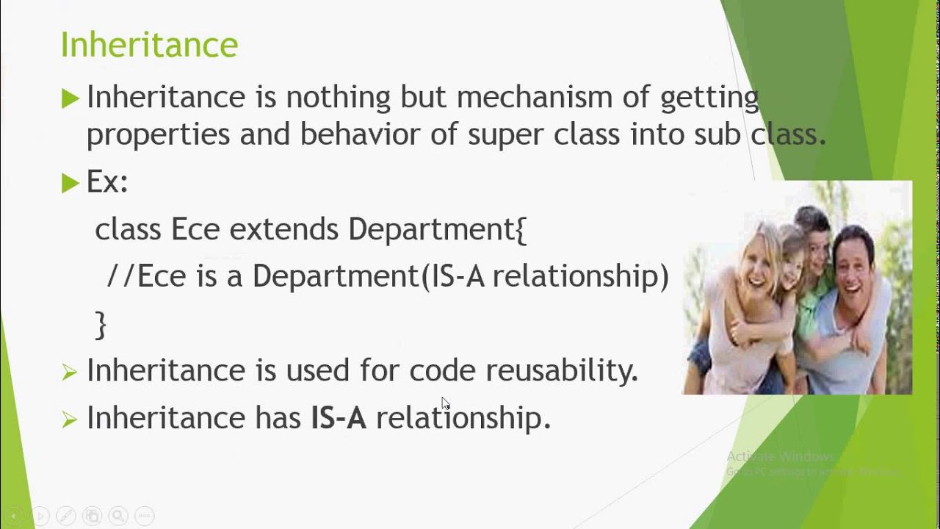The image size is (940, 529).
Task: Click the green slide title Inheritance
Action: pyautogui.click(x=149, y=45)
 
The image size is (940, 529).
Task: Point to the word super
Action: pyautogui.click(x=501, y=135)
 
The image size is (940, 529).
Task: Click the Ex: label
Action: pyautogui.click(x=107, y=182)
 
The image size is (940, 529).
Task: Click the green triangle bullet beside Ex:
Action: pyautogui.click(x=70, y=183)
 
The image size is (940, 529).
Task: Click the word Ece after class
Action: pyautogui.click(x=195, y=229)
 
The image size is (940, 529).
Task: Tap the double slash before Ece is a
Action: pyautogui.click(x=120, y=276)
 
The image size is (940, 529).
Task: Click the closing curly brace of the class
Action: pyautogui.click(x=101, y=324)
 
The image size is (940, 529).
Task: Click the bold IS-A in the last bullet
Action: pyautogui.click(x=339, y=417)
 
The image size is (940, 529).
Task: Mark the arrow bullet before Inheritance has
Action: pyautogui.click(x=70, y=419)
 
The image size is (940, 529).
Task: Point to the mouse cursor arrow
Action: pyautogui.click(x=445, y=403)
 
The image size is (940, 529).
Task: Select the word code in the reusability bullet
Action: pyautogui.click(x=442, y=370)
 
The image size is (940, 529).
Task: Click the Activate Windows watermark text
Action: pyautogui.click(x=780, y=456)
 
